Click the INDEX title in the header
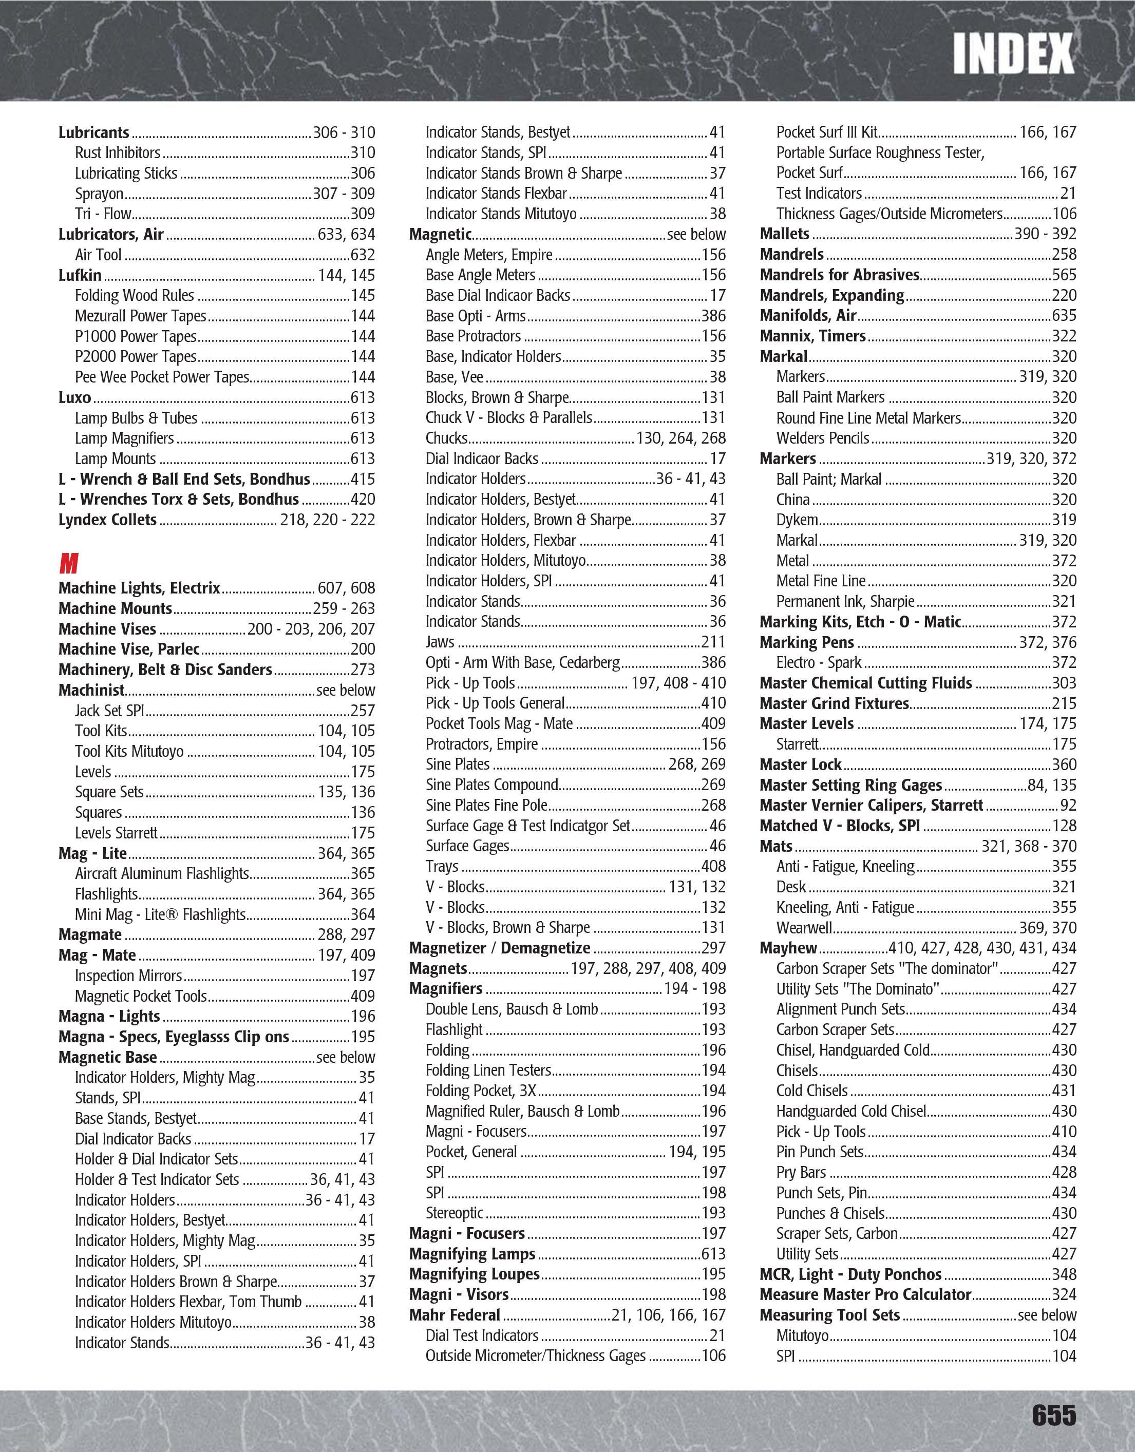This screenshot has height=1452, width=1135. tap(1013, 54)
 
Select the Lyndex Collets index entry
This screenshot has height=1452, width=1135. tap(108, 520)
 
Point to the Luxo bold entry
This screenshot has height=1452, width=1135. tap(74, 397)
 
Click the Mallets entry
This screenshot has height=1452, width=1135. tap(785, 234)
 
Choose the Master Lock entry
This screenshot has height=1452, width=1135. tap(801, 765)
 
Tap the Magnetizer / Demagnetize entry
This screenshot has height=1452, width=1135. tap(499, 948)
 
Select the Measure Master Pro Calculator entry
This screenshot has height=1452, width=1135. tap(865, 1294)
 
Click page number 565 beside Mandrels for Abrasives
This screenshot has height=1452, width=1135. tap(1063, 275)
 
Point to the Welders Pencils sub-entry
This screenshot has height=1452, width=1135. tap(823, 438)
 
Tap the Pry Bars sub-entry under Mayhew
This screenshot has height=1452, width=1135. tap(801, 1172)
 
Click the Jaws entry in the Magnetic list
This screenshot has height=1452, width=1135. tap(440, 642)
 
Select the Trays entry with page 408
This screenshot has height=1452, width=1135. tap(442, 866)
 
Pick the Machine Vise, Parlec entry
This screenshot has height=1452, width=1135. tap(129, 649)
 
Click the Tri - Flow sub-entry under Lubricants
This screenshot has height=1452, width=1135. tap(103, 214)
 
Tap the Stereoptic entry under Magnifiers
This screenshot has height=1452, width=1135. tap(454, 1213)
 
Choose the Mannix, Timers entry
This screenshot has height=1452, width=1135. tap(812, 336)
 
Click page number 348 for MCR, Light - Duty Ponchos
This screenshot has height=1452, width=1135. tap(1063, 1274)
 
